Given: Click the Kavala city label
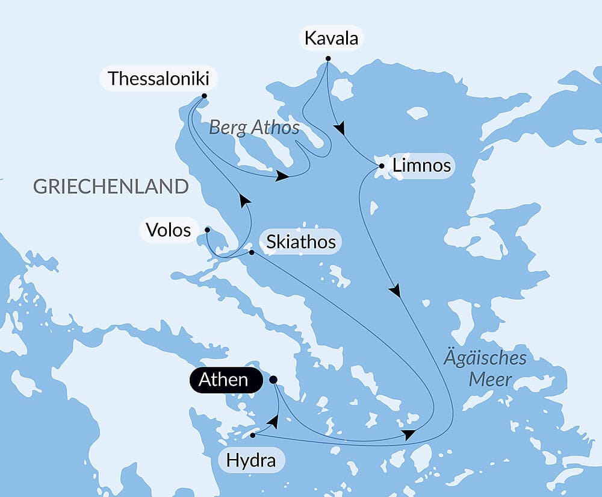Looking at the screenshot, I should point(331,39).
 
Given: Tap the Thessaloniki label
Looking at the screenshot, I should point(159,78).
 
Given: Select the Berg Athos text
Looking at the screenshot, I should point(254,128).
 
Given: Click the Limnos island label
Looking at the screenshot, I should point(421,165).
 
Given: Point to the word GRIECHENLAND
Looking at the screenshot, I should point(111,187).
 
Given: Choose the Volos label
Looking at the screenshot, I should point(169,230).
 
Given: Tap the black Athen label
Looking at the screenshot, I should point(223,380).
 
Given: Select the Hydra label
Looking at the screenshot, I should point(250,461).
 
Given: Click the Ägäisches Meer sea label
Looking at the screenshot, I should point(485,369).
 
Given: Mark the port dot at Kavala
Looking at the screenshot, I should point(328,58).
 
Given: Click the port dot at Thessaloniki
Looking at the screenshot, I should point(204,96).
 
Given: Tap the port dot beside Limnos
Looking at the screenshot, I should point(382,165).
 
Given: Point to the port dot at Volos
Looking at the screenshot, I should point(207,230).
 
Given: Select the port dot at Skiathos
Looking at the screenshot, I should point(252,252).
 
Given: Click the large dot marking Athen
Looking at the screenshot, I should point(273,380).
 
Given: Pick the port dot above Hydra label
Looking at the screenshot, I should point(253,434).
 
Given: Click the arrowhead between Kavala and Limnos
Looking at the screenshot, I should point(341,128).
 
